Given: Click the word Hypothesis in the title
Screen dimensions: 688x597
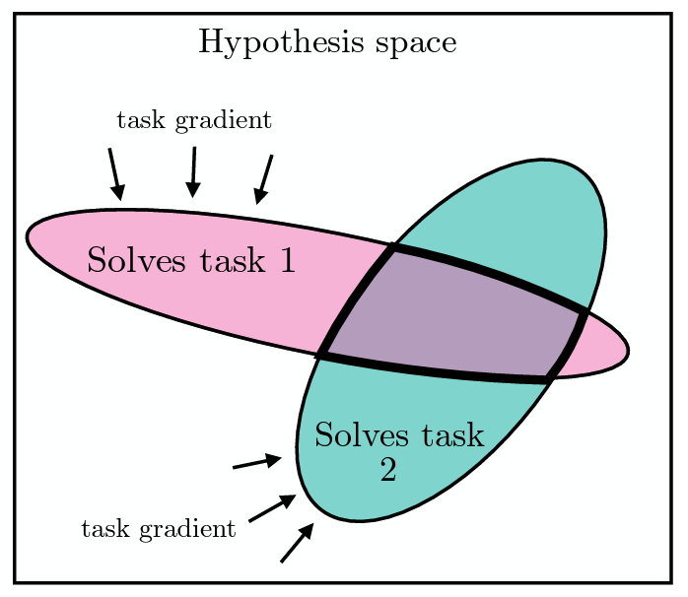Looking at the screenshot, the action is [x=281, y=43].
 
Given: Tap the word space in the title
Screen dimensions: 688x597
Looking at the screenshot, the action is [x=416, y=45].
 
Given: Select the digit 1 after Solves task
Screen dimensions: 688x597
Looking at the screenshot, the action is [x=288, y=260].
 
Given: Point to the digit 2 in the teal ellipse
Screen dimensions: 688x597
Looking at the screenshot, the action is [x=388, y=469].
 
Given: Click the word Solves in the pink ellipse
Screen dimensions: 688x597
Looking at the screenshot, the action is [x=136, y=260].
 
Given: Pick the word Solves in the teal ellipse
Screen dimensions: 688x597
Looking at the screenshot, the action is [x=362, y=435].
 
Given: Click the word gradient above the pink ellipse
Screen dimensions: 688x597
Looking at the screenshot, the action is [x=224, y=120].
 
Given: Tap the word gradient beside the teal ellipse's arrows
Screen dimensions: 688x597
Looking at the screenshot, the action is [x=188, y=529].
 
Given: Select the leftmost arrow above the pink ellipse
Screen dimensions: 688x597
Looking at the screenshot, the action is [x=116, y=174].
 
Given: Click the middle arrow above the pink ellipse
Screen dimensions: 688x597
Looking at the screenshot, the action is [x=193, y=172].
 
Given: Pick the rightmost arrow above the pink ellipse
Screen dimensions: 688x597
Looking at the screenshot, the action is [x=264, y=179].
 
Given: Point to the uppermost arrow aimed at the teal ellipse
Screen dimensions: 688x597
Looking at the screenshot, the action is [x=257, y=462].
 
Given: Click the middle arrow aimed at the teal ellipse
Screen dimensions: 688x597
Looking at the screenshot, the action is [x=272, y=508].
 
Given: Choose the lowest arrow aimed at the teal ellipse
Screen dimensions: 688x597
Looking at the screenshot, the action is [x=297, y=542].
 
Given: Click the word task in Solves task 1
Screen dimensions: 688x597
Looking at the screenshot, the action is [x=233, y=260].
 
